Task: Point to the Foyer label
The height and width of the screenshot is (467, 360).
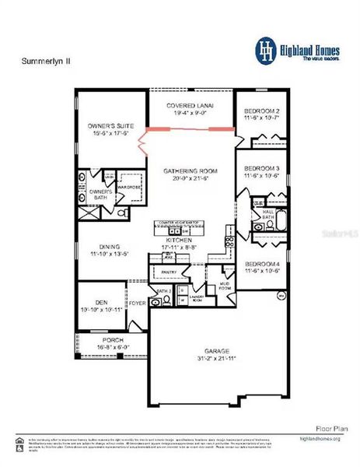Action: pos(137,304)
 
